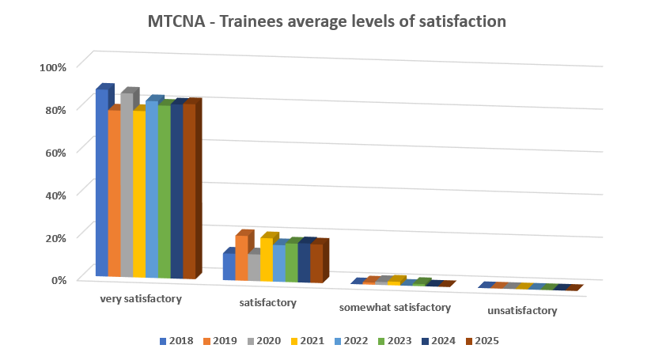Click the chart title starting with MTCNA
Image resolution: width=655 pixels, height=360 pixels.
pos(327,22)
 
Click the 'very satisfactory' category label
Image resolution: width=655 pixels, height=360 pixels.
pos(141,299)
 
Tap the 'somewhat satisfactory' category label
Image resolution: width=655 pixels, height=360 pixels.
pos(395,307)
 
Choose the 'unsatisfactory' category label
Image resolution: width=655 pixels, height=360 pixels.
pos(522,311)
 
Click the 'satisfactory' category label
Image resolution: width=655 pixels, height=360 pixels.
pos(267,303)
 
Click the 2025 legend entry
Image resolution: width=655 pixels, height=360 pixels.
pos(482,341)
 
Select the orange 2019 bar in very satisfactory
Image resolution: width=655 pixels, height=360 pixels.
pos(114,194)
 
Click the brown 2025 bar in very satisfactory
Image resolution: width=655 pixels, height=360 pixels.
pos(189,190)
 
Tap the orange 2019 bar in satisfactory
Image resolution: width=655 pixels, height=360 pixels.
pos(241,257)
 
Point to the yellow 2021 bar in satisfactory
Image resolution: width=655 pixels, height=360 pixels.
pos(266,260)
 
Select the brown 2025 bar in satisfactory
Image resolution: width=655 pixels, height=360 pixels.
pos(316,263)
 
